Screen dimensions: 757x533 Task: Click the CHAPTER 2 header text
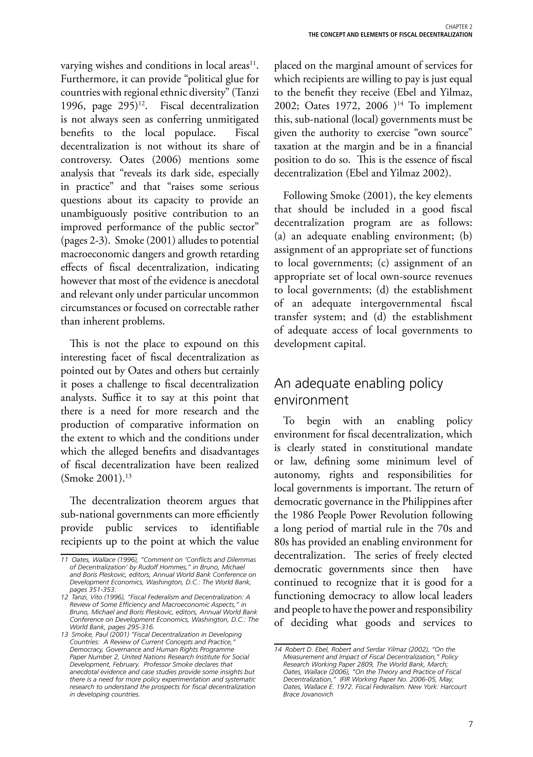(459, 27)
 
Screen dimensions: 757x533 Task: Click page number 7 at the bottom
(470, 724)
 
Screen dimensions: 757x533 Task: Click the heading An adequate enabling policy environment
(359, 392)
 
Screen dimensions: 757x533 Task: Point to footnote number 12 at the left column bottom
(64, 597)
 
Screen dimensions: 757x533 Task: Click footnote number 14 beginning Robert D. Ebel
(277, 649)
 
